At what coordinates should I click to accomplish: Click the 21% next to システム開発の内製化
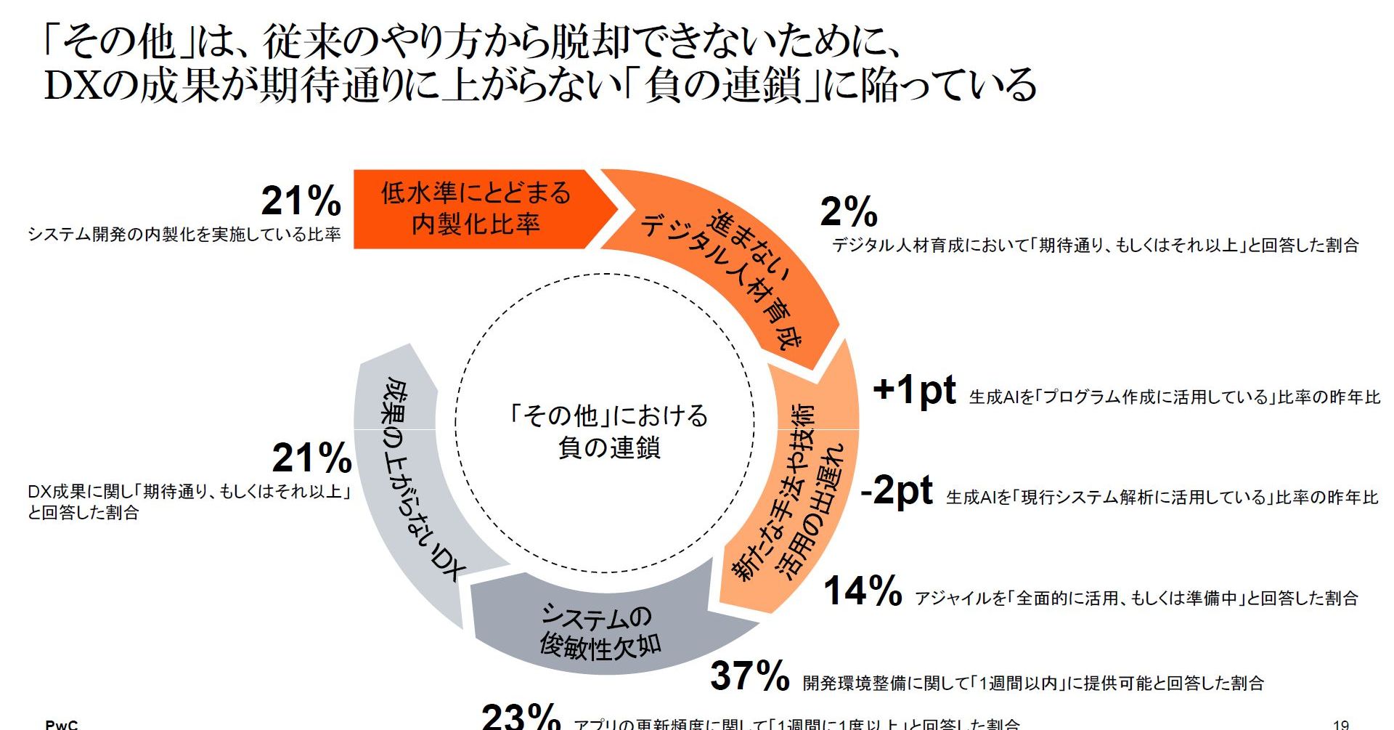pos(301,201)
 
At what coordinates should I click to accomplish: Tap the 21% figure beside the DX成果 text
pos(312,458)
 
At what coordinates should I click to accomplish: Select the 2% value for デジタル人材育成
pos(849,212)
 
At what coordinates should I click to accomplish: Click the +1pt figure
pos(914,390)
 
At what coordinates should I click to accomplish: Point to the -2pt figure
pos(896,490)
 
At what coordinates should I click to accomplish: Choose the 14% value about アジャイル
pos(863,591)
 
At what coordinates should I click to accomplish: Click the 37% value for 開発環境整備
pos(749,676)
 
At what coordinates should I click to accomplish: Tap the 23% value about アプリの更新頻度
pos(521,717)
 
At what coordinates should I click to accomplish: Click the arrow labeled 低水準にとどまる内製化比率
pos(476,209)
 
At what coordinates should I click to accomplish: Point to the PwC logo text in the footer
pos(62,724)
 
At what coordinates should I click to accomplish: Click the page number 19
pos(1340,724)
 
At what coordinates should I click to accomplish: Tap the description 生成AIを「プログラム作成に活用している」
pos(1174,397)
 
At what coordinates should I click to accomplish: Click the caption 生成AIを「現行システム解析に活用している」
pos(1162,498)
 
